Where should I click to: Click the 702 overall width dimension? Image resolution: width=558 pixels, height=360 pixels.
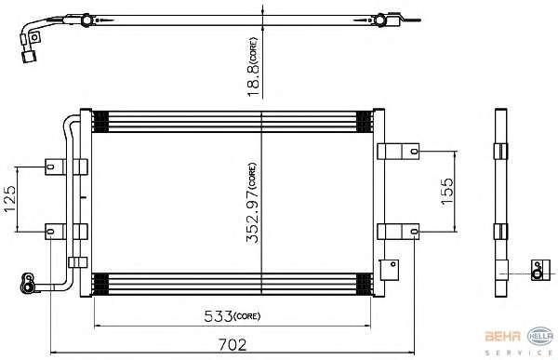(232, 344)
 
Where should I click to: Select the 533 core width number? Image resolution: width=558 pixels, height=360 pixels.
(219, 316)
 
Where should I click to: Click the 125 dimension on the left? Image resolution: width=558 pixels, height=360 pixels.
(10, 199)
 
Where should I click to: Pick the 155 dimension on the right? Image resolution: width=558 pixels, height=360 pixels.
(447, 192)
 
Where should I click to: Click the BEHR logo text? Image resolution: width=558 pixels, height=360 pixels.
(503, 336)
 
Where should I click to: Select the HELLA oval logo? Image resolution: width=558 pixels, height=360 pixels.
(540, 336)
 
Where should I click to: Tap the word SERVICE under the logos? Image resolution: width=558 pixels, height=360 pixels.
(519, 353)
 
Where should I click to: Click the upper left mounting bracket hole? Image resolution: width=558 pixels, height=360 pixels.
(50, 167)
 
